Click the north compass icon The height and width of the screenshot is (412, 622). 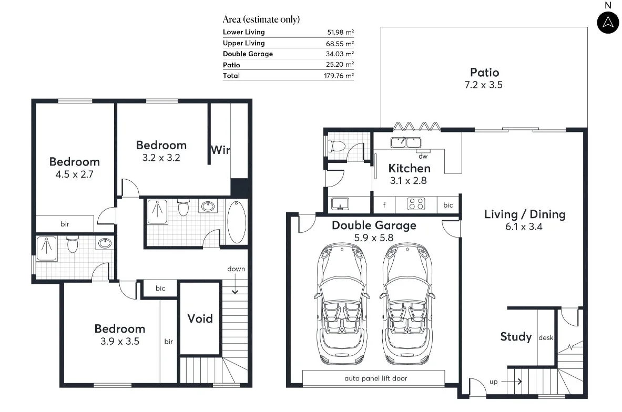(608, 22)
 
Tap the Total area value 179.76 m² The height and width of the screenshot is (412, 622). (339, 76)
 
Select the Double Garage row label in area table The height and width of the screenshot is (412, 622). (248, 54)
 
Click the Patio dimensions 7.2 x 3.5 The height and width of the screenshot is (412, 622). (484, 85)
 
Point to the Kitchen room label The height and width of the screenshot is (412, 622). (409, 168)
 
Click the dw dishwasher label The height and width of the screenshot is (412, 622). (423, 156)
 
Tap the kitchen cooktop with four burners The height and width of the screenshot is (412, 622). (417, 204)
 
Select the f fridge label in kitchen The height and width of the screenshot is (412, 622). (384, 205)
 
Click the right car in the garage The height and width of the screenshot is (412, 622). (406, 304)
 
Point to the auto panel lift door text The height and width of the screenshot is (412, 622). (375, 378)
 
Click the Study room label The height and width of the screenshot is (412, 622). (516, 337)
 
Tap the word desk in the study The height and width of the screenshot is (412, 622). (546, 338)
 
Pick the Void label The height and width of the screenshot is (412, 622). (200, 318)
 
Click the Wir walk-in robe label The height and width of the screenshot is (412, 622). (220, 150)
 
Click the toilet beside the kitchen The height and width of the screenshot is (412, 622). (337, 146)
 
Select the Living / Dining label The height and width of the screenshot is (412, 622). (524, 214)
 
